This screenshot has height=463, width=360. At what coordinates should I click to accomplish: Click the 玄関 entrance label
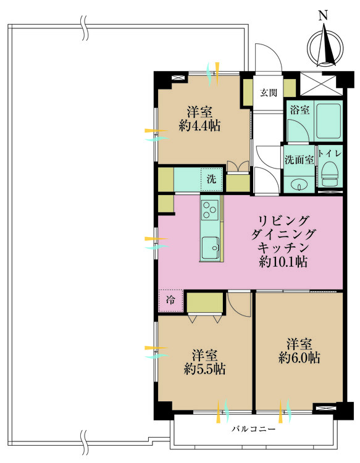(x=268, y=93)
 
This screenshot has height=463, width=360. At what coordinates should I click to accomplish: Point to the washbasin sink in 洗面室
(x=299, y=184)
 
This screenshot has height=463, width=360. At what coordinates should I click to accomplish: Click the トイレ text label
(x=330, y=152)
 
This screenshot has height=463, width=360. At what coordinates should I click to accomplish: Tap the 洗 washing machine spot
(x=211, y=180)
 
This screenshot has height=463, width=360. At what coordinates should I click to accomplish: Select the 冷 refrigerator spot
(x=170, y=301)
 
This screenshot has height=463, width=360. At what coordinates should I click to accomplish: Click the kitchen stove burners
(x=210, y=209)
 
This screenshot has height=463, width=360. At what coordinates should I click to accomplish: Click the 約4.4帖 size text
(x=199, y=126)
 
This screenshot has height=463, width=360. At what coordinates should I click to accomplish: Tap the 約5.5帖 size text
(x=204, y=370)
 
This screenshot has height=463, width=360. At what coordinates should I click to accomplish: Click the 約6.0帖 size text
(x=299, y=357)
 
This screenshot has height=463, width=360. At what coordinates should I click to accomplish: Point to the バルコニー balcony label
(x=254, y=428)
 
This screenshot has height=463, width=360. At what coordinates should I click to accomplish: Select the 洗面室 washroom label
(x=299, y=159)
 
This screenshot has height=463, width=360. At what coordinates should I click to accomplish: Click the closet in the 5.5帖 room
(x=205, y=303)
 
